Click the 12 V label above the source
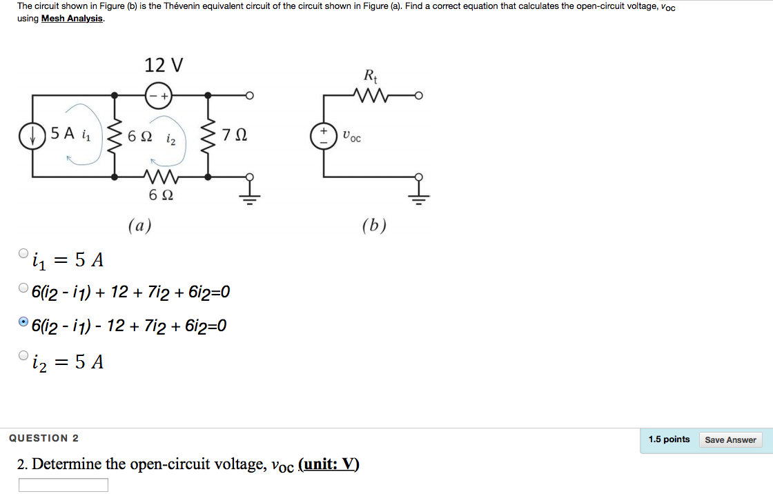click(x=164, y=66)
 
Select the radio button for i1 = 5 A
click(x=24, y=253)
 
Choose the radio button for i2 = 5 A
click(x=24, y=355)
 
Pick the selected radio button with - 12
click(x=24, y=322)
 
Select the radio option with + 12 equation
click(x=24, y=288)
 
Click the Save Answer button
click(x=730, y=440)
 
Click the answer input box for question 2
click(x=63, y=485)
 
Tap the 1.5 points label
click(x=669, y=439)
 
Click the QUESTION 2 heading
click(x=43, y=438)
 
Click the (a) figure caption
click(x=140, y=226)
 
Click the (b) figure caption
click(x=373, y=226)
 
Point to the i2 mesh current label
click(x=170, y=140)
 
